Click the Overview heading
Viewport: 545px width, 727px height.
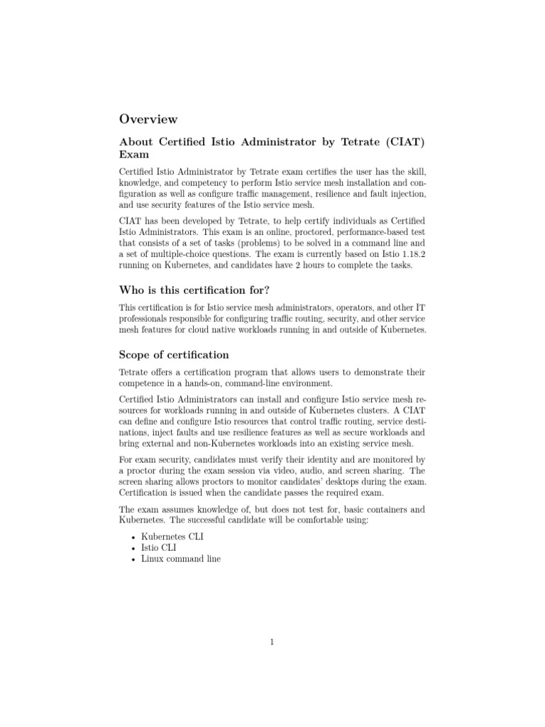[148, 119]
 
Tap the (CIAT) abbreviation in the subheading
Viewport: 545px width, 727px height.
[405, 142]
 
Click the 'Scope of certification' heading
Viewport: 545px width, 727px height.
[174, 354]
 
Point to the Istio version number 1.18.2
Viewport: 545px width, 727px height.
[412, 253]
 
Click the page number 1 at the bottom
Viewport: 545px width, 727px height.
[272, 643]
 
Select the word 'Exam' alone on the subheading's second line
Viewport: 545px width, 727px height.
[133, 154]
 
